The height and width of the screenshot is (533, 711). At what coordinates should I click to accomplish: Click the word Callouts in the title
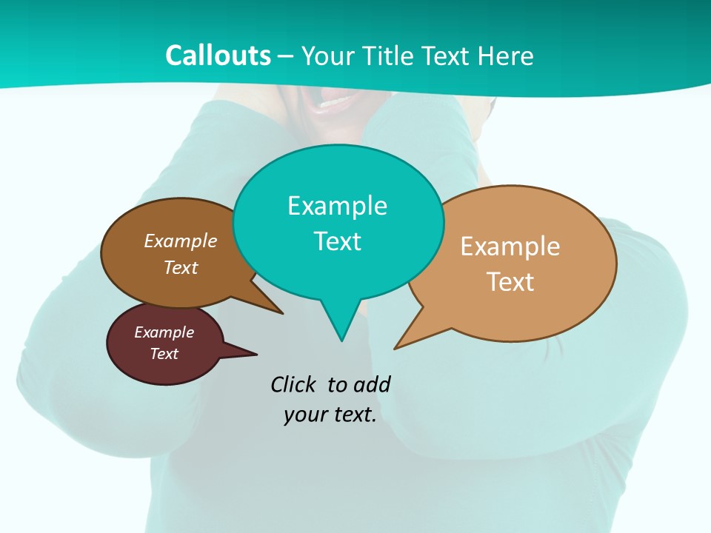point(218,56)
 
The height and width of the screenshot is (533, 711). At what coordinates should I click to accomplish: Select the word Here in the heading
point(506,56)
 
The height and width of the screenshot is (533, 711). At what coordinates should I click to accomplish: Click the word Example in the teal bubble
point(337,206)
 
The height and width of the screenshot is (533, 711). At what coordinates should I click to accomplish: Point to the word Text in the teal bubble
point(337,241)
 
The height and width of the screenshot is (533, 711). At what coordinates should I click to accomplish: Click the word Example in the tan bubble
point(510,247)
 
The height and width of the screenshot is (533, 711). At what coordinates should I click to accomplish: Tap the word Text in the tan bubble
point(510,282)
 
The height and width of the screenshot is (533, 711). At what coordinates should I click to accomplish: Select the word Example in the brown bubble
point(181,241)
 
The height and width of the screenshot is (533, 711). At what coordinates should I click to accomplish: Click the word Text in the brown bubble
point(181,267)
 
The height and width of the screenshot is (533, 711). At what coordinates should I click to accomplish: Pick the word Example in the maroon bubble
point(164,332)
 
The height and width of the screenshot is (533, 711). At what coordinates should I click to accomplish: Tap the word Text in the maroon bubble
point(164,354)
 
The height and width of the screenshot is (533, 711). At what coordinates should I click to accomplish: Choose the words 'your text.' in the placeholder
point(330,415)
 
